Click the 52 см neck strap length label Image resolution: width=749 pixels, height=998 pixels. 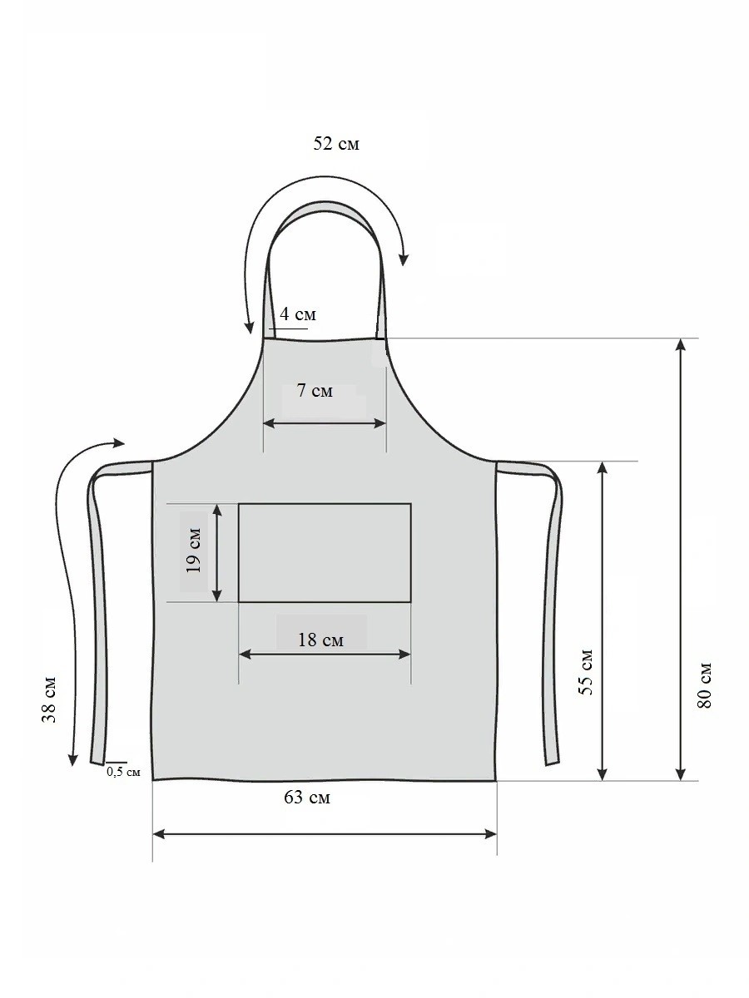coord(336,144)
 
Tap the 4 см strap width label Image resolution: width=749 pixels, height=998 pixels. coord(297,314)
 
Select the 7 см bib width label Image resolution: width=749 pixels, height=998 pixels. coord(315,391)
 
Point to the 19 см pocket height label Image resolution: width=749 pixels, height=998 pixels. coord(193,551)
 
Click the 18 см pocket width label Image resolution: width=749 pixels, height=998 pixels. coord(320,640)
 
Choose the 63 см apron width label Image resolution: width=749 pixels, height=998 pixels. coord(307,810)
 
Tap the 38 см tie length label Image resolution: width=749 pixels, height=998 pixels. coord(48,700)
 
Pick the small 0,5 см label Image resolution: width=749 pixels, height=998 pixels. coord(123,772)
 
